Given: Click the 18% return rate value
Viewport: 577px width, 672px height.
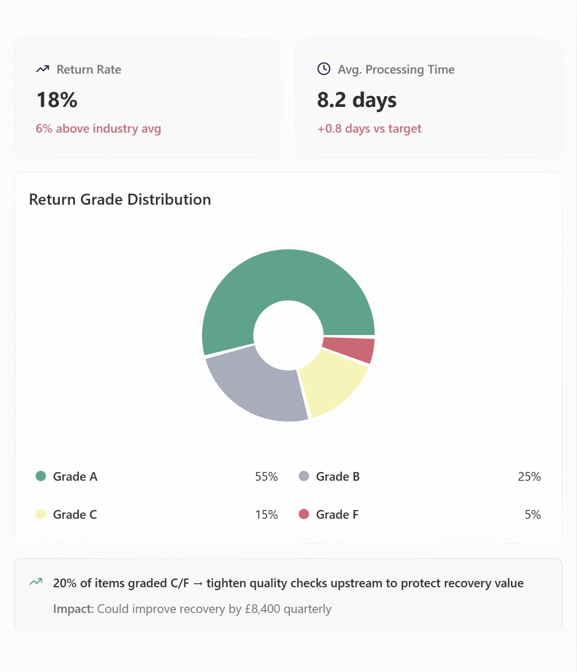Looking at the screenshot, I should coord(57,100).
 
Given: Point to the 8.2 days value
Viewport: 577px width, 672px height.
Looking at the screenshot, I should coord(357,100).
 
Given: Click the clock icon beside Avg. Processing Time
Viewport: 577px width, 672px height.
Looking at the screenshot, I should coord(324,69).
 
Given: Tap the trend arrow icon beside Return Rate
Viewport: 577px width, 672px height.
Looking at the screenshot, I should coord(42,69).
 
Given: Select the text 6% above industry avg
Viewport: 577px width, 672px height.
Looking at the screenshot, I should coord(98,128).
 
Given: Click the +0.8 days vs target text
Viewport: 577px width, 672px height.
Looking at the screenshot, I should coord(369,128).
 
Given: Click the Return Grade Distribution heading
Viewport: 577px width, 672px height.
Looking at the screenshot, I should coord(120,199).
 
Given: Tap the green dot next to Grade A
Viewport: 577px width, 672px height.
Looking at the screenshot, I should coord(41,476).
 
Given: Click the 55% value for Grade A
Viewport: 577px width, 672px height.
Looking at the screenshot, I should coord(266,476).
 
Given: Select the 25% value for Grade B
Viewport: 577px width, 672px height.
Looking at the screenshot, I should coord(529,476).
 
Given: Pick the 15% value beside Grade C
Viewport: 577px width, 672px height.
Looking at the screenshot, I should coord(266,514).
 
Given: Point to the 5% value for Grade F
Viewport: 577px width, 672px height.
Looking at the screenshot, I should coord(532,514).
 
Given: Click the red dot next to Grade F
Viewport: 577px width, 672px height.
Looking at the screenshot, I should coord(304,514).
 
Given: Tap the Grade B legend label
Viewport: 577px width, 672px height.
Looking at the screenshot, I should coord(338,476).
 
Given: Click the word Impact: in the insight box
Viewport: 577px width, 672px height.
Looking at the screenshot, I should coord(73,609).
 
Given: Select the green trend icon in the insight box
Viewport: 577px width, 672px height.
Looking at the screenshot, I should coord(36,582).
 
